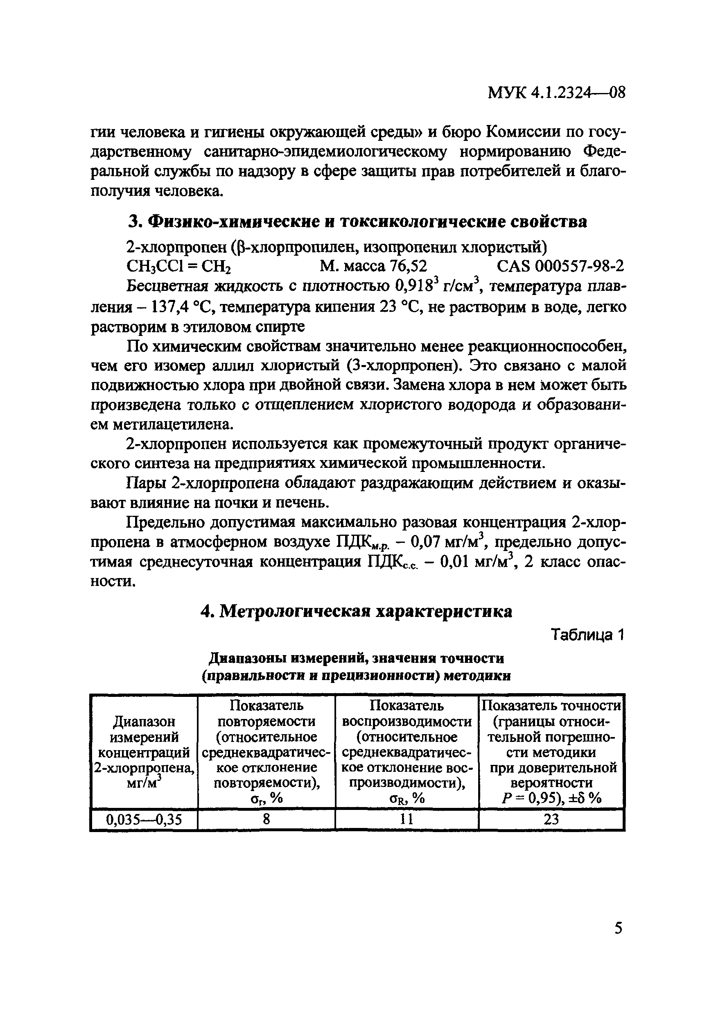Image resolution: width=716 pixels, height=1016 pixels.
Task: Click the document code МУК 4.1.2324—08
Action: pyautogui.click(x=556, y=93)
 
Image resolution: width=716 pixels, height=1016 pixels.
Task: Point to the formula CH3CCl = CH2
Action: pyautogui.click(x=180, y=266)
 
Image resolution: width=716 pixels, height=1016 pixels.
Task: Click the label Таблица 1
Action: pyautogui.click(x=587, y=635)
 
